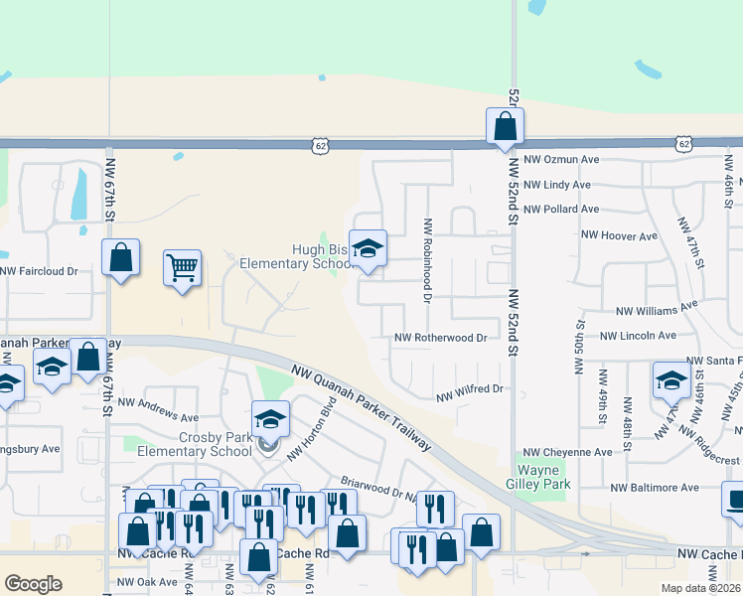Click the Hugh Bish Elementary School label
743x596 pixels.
tap(296, 257)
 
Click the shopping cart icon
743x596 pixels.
tap(183, 268)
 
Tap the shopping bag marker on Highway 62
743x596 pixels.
tap(505, 126)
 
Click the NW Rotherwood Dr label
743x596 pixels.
tap(441, 338)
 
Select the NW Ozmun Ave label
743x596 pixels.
tap(561, 159)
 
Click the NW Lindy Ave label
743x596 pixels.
tap(556, 185)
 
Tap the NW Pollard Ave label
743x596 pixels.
tap(561, 210)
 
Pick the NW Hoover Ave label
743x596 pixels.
tap(621, 236)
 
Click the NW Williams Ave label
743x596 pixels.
tap(658, 309)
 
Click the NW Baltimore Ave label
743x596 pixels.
tap(655, 488)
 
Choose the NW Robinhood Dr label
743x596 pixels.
tap(428, 260)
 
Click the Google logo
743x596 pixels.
tap(33, 584)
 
